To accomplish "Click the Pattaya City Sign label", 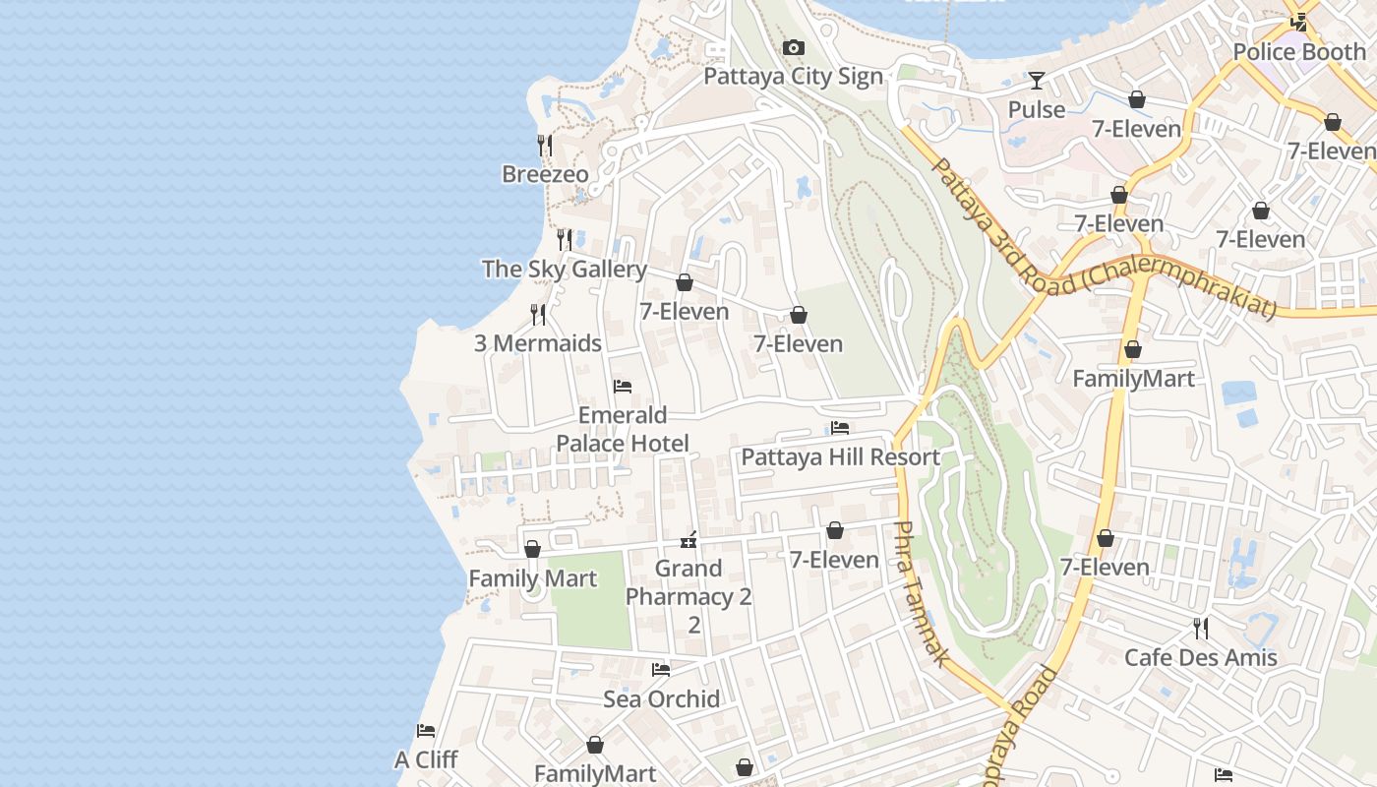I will point(793,77).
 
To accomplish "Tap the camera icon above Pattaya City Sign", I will point(793,48).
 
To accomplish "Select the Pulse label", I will point(1037,109).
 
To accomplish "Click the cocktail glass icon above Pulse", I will point(1037,81).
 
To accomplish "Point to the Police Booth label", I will point(1298,51).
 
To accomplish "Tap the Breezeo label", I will point(545,174).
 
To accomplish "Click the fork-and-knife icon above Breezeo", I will point(545,146).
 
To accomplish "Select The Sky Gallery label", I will point(564,269).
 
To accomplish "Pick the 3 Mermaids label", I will point(537,343).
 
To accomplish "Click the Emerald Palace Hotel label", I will point(622,429).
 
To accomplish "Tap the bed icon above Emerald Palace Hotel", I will point(622,387).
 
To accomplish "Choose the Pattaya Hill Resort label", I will point(840,457).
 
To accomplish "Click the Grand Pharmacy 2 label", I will point(688,582).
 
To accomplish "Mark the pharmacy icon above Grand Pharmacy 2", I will point(688,540).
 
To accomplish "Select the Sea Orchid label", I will point(661,699).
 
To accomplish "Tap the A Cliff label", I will point(426,759).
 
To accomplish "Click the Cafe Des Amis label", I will point(1200,657).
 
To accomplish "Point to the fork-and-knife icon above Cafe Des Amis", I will point(1200,628).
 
